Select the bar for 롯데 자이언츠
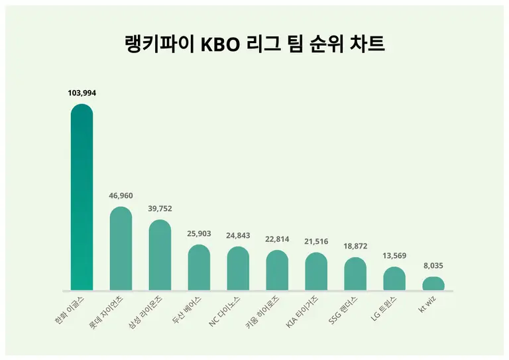121,249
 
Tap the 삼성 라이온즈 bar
160,255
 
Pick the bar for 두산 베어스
199,268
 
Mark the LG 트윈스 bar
394,279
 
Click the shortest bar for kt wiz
433,284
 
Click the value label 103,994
82,93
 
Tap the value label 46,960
121,196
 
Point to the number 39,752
160,209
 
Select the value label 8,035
433,266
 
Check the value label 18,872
355,247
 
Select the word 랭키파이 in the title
161,46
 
